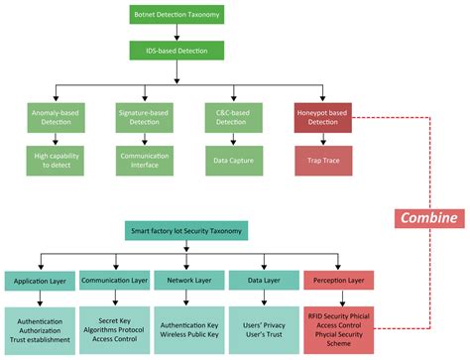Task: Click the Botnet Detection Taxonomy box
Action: [176, 15]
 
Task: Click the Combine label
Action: [428, 217]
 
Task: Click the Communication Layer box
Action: [113, 282]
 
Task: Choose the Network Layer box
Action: [188, 282]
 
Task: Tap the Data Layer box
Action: [263, 282]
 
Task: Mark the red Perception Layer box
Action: [337, 282]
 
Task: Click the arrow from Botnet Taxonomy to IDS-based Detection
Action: [176, 31]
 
